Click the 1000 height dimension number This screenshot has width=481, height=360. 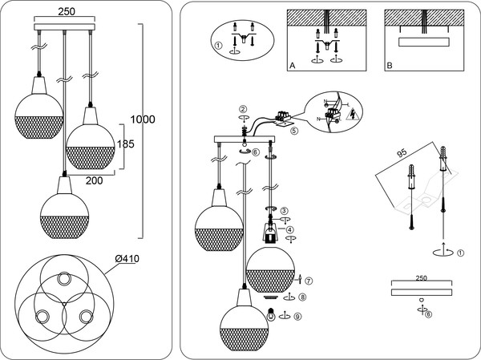(143, 119)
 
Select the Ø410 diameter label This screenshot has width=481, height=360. (128, 258)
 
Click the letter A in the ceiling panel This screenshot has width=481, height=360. (292, 65)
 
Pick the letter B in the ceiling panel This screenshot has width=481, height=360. (390, 65)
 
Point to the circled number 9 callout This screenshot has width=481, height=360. (297, 316)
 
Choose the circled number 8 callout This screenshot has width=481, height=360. (301, 297)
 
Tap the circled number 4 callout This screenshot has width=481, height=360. (290, 229)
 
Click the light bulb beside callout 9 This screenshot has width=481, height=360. (273, 315)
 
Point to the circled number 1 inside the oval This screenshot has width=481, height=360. (218, 45)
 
